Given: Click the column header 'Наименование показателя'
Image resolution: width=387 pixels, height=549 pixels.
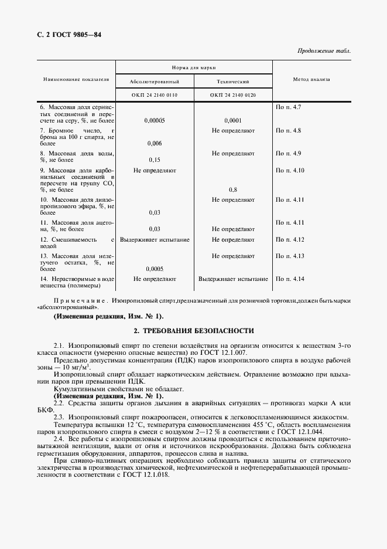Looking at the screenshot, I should point(76,79).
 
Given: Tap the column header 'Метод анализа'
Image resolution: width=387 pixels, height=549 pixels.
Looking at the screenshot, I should point(311,79).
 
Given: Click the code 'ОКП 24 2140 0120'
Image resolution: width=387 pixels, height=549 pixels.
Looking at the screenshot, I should point(232,95).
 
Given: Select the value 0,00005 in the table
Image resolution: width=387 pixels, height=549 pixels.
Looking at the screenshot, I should point(155,120).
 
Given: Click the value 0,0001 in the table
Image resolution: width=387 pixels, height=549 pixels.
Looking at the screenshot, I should point(232,120).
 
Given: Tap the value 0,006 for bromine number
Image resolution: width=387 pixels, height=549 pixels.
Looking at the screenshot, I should point(155,143).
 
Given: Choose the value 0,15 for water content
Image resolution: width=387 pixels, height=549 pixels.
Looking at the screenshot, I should point(155,160).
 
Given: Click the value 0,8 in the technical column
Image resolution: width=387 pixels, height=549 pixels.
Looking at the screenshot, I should point(232,189).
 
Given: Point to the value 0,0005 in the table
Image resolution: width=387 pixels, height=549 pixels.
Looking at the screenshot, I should point(155,269).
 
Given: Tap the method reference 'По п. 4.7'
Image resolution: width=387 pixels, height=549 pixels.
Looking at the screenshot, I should point(288,107).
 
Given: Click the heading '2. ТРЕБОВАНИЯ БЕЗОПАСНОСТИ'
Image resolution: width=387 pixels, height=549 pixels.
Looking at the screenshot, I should point(193,331).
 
